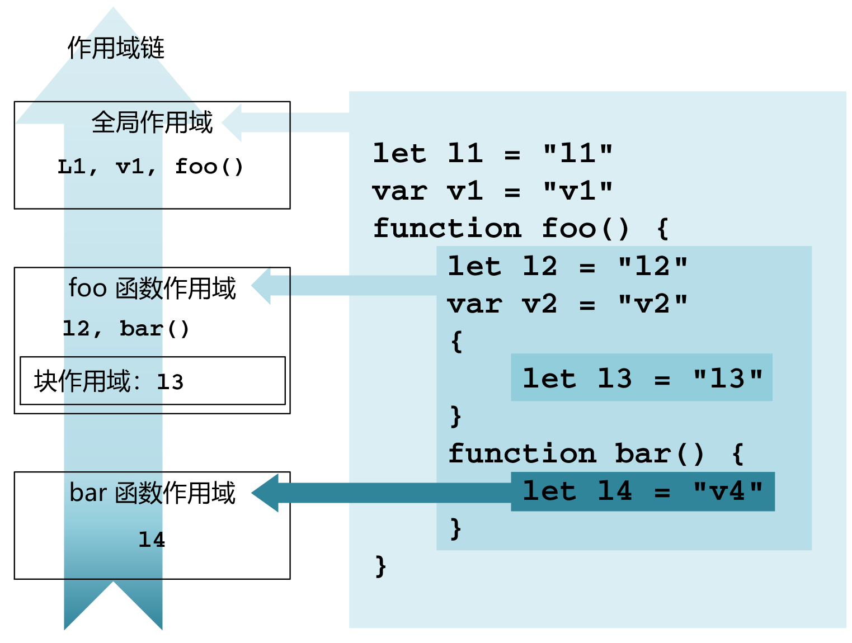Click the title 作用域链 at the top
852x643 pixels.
pos(116,48)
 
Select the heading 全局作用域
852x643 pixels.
pos(152,122)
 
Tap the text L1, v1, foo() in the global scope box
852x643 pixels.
pos(150,167)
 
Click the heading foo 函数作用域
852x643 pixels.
pos(152,289)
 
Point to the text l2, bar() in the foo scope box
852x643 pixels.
pos(126,328)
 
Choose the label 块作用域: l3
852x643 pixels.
pos(109,381)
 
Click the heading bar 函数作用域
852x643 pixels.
pos(152,493)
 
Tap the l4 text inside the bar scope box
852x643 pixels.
pos(152,540)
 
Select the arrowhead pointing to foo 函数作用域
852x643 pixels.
pos(262,286)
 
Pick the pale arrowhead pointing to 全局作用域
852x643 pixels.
pos(233,122)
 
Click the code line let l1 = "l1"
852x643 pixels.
pos(492,153)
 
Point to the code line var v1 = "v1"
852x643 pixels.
pos(492,191)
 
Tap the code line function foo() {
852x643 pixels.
pos(520,229)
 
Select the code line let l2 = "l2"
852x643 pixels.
pos(567,266)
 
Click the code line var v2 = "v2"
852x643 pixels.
pos(567,304)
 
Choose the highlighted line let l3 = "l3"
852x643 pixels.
pos(642,379)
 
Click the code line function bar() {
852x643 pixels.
pos(596,453)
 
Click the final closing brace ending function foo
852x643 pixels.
pos(380,566)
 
